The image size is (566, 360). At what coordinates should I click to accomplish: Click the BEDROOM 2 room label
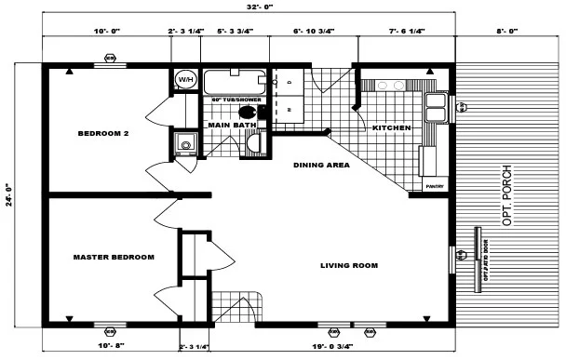coord(102,133)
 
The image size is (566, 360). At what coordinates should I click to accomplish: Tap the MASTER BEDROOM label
coord(114,257)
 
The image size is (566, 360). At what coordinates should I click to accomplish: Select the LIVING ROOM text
coord(349,265)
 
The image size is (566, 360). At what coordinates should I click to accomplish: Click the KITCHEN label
coord(391,127)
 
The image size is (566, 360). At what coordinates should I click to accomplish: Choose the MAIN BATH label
coord(231,124)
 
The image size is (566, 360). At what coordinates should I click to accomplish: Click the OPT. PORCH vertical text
coord(507,196)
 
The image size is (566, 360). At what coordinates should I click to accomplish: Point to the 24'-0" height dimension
coord(9,195)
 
